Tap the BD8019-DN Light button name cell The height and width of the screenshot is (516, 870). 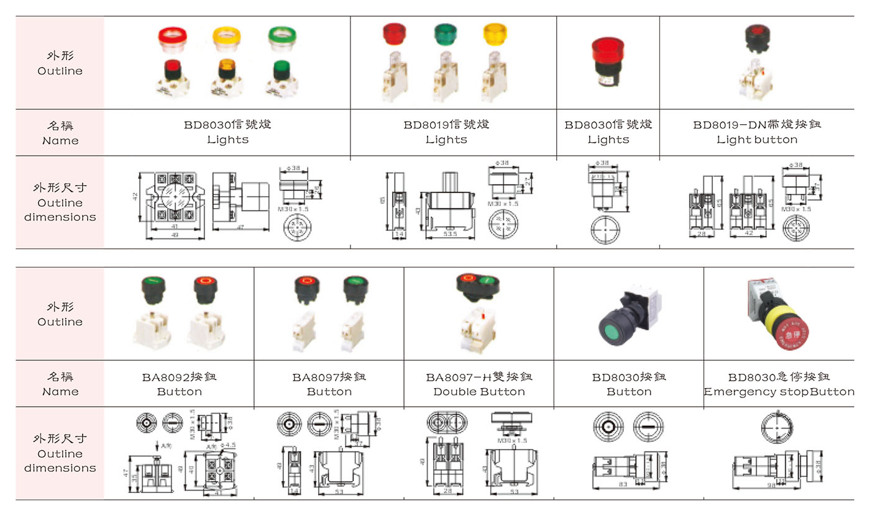click(756, 132)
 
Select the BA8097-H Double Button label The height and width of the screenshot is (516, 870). click(479, 384)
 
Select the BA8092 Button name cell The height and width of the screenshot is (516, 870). click(180, 384)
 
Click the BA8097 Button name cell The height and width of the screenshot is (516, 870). click(329, 384)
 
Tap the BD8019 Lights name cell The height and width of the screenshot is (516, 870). click(446, 132)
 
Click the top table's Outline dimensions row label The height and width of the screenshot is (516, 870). click(60, 202)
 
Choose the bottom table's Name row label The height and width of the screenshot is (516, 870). click(60, 384)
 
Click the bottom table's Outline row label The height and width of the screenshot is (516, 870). click(60, 314)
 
